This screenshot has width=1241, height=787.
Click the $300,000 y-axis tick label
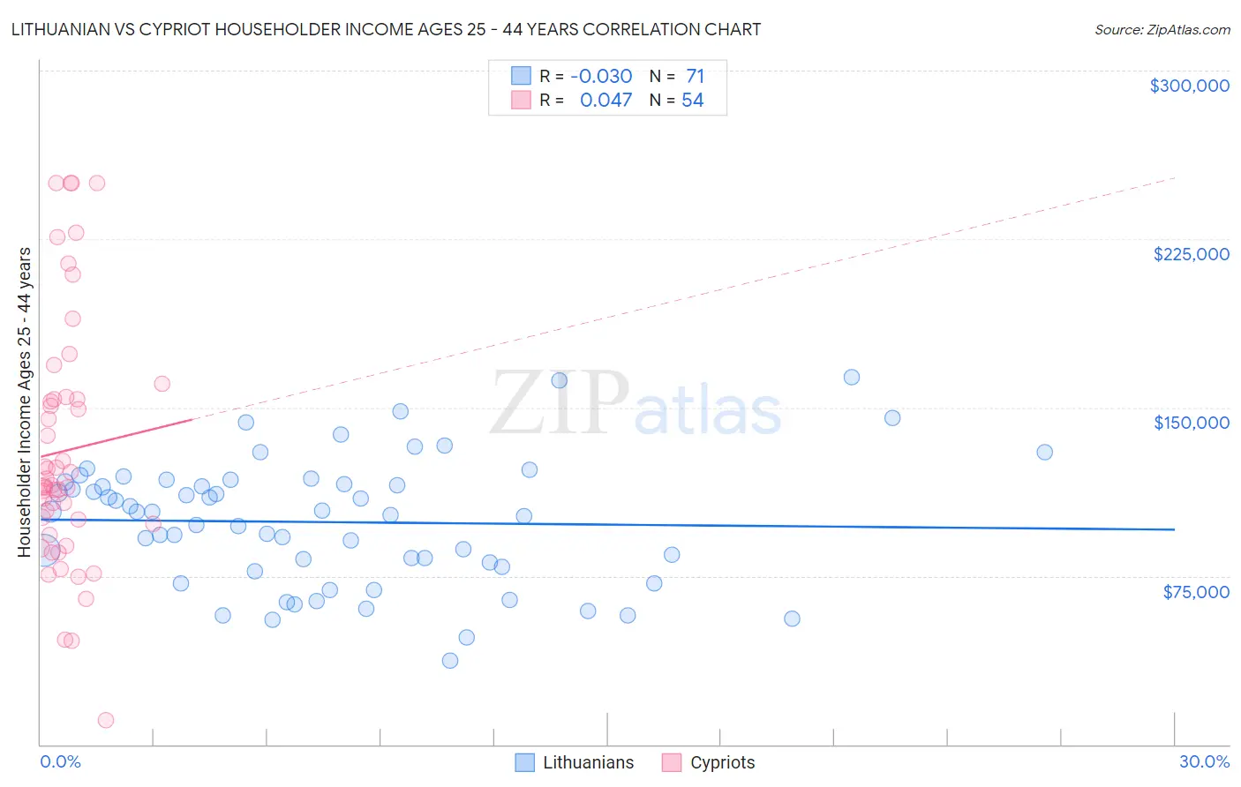coord(1189,86)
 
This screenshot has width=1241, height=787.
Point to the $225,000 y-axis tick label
coord(1191,254)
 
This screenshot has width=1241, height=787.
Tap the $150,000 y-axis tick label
coord(1191,423)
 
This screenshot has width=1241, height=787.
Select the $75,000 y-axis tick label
coord(1195,592)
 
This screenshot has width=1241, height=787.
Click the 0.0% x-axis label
coord(60,761)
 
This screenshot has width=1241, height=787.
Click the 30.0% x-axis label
coord(1204,761)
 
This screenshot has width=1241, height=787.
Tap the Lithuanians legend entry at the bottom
coord(588,762)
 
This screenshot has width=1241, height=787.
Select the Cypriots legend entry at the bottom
coord(722,762)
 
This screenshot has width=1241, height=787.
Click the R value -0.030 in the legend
coord(601,77)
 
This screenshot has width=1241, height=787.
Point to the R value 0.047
coord(605,101)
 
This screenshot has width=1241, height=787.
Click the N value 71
coord(695,77)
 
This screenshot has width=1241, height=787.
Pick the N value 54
coord(693,101)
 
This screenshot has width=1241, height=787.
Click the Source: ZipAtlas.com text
coord(1162,30)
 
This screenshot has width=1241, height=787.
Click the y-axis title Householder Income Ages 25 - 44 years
coord(25,402)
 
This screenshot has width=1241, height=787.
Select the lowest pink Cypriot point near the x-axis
coord(106,720)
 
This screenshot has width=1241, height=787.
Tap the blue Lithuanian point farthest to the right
coord(1044,452)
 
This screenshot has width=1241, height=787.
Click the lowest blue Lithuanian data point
coord(450,661)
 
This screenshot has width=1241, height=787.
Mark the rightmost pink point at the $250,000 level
coord(97,183)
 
